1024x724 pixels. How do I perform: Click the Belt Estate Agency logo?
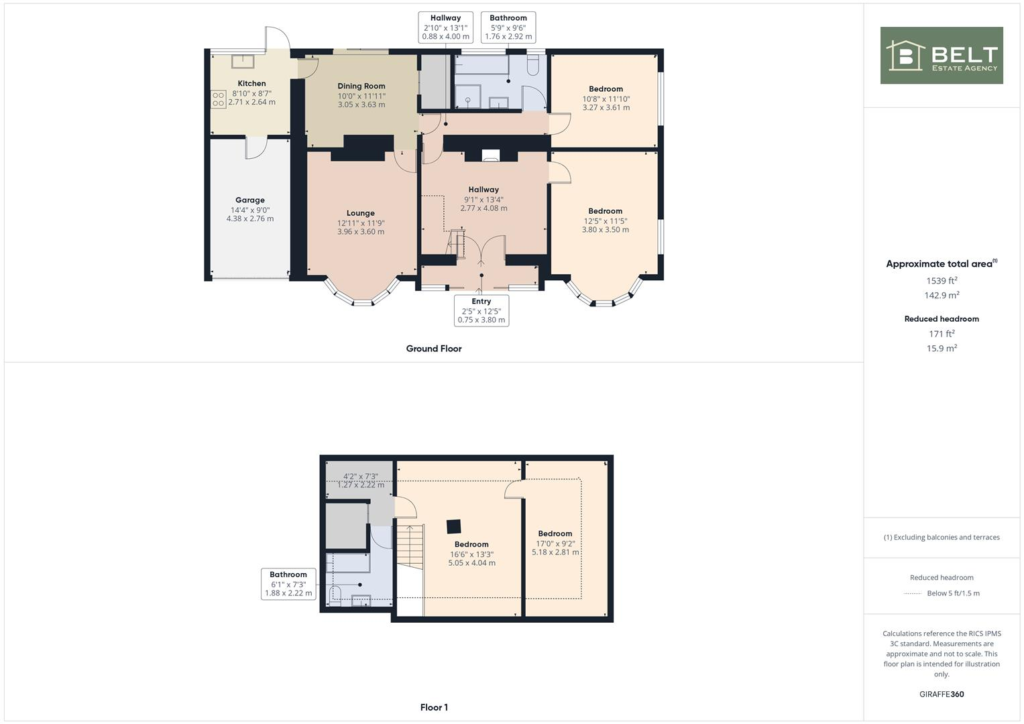[941, 56]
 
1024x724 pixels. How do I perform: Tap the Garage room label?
[250, 200]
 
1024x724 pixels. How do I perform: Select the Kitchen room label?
[251, 84]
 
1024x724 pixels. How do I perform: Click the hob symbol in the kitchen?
[219, 99]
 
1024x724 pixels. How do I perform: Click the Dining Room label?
[361, 86]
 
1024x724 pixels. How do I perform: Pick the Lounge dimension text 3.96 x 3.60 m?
[361, 232]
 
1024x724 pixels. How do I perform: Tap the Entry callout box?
[481, 310]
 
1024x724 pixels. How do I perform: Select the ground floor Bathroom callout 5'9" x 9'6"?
[508, 27]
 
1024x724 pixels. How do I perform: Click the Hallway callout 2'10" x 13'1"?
[445, 27]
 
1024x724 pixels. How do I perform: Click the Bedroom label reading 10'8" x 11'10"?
[606, 98]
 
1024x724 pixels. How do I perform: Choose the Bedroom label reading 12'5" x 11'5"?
[605, 220]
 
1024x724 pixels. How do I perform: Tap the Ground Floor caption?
[434, 349]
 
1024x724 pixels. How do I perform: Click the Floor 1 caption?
[434, 707]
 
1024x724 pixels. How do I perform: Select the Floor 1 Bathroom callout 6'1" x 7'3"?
[288, 584]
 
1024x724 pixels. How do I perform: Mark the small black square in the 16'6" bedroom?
[455, 526]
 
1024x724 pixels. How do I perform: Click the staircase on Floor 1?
[410, 545]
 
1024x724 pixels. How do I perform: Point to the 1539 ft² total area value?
[942, 281]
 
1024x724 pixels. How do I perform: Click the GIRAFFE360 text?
[942, 694]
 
